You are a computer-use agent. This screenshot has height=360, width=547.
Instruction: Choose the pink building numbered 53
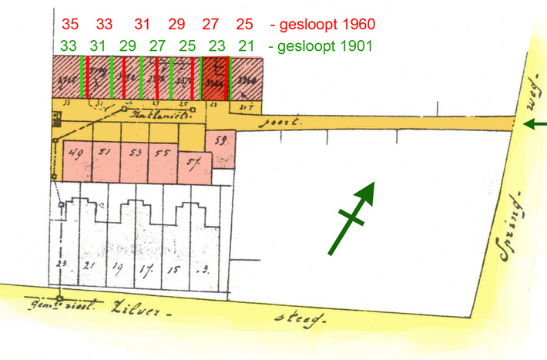pyautogui.click(x=135, y=157)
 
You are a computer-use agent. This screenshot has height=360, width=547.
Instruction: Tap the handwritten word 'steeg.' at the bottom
pyautogui.click(x=300, y=317)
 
